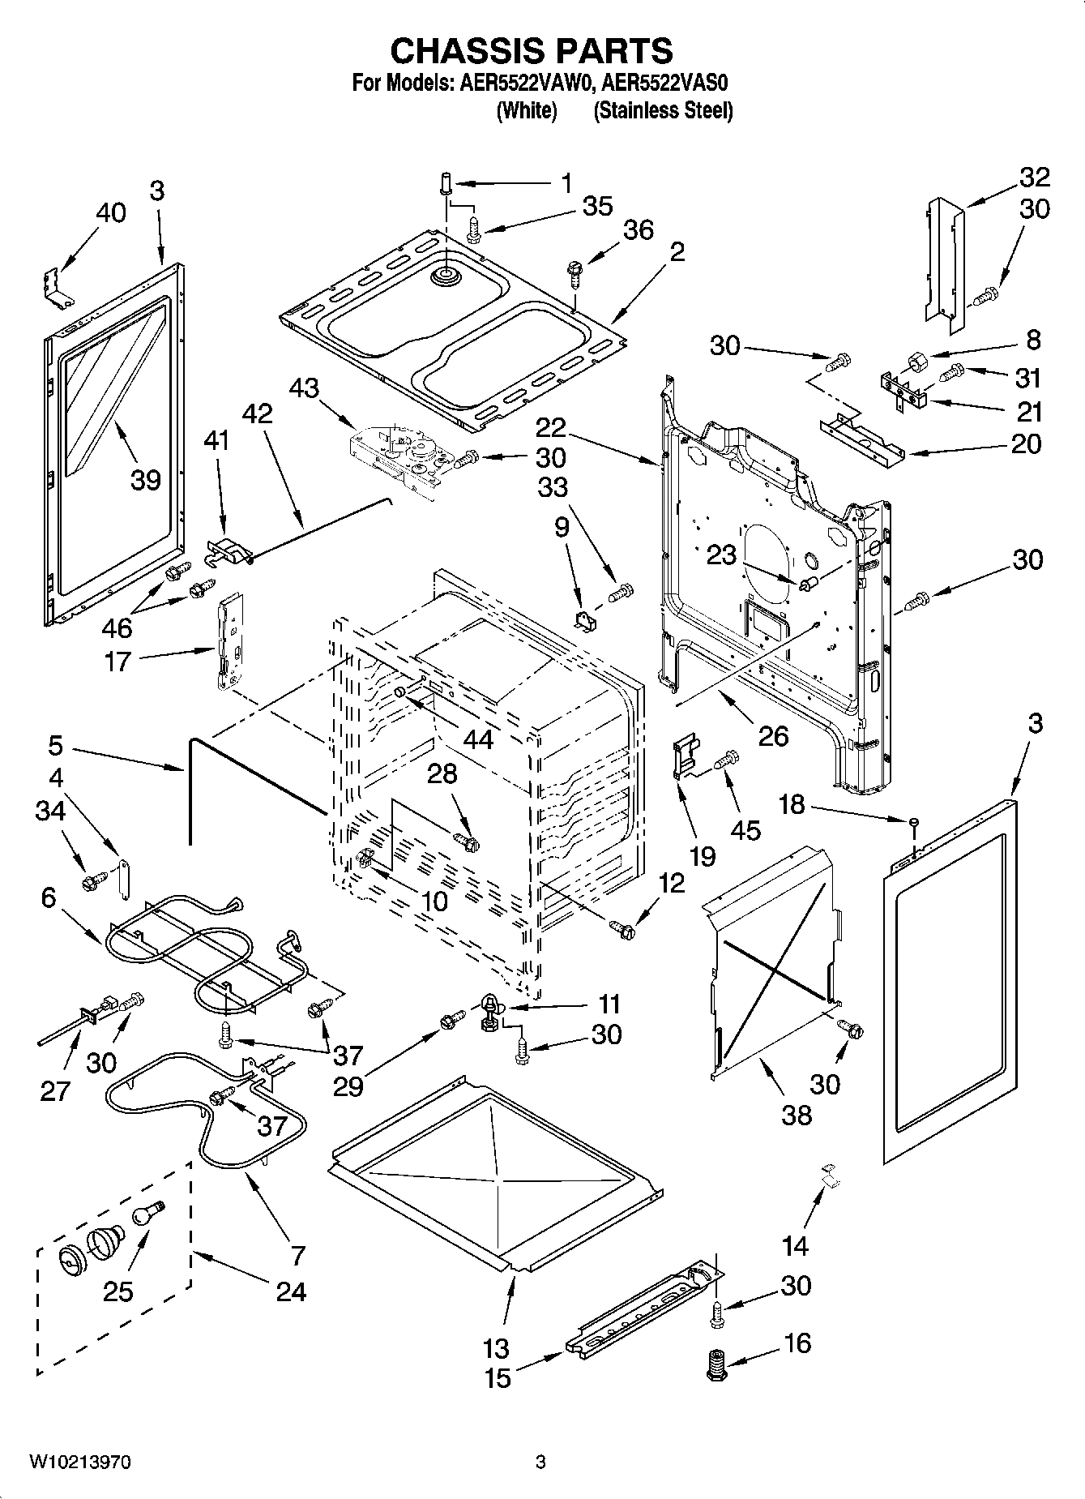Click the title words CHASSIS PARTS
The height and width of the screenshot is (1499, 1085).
(532, 52)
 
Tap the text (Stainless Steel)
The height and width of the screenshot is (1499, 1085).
(663, 111)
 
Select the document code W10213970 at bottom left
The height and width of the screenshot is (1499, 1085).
(79, 1463)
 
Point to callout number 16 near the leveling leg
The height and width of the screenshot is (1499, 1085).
(797, 1343)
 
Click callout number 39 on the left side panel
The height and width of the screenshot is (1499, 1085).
(146, 480)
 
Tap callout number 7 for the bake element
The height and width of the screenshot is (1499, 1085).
(297, 1256)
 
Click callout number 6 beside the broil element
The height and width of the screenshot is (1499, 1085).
(49, 897)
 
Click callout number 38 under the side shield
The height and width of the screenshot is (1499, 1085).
(796, 1115)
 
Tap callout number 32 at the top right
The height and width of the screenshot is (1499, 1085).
(1034, 176)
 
